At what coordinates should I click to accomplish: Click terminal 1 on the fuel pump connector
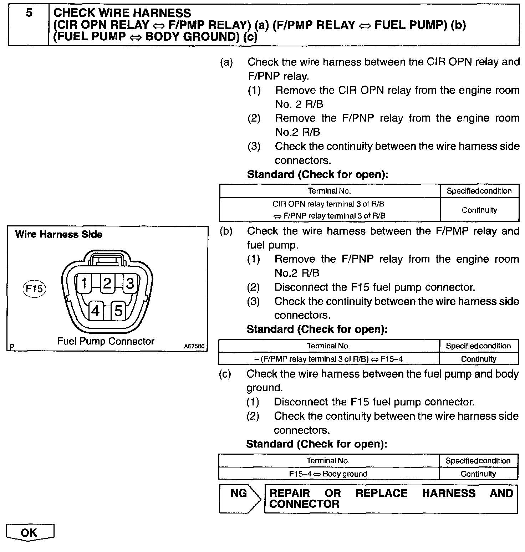pos(84,283)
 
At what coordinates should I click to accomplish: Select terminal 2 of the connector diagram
pos(107,283)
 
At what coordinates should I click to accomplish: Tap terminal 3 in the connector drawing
pos(129,283)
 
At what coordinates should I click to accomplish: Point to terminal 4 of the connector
pos(95,311)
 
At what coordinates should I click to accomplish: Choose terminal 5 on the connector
pos(118,311)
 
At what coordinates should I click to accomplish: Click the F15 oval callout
pos(35,288)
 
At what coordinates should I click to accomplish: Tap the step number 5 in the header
pos(29,13)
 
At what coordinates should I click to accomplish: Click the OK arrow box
pos(30,532)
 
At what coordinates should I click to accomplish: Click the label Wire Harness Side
pos(59,234)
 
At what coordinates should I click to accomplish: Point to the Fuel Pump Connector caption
pos(106,341)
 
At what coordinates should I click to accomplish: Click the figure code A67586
pos(194,346)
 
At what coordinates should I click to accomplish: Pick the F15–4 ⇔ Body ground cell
pos(328,474)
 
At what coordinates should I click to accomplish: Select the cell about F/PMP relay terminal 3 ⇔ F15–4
pos(328,359)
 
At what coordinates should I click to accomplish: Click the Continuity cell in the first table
pos(479,210)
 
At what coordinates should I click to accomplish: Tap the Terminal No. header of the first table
pos(329,191)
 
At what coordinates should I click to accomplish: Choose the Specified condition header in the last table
pos(478,461)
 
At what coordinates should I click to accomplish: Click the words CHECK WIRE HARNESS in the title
pos(122,13)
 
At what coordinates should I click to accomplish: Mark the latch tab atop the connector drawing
pos(107,259)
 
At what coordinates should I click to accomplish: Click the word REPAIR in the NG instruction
pos(290,493)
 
